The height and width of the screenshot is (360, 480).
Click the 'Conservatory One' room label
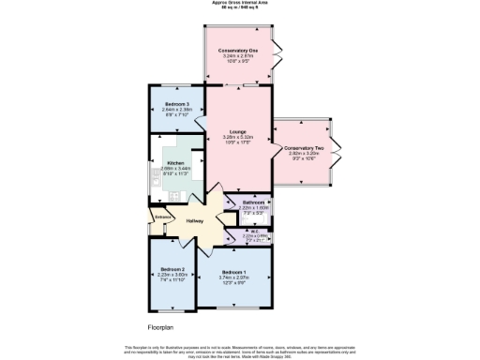(x=239, y=50)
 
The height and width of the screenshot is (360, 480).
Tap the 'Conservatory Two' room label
(x=303, y=148)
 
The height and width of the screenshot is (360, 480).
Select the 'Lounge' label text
(x=239, y=132)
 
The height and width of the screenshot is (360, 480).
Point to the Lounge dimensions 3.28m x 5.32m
(x=239, y=138)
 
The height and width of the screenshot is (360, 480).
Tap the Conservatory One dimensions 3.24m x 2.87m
(x=239, y=55)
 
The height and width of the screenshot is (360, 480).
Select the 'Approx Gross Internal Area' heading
(x=239, y=4)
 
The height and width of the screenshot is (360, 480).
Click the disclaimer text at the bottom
(x=239, y=351)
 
